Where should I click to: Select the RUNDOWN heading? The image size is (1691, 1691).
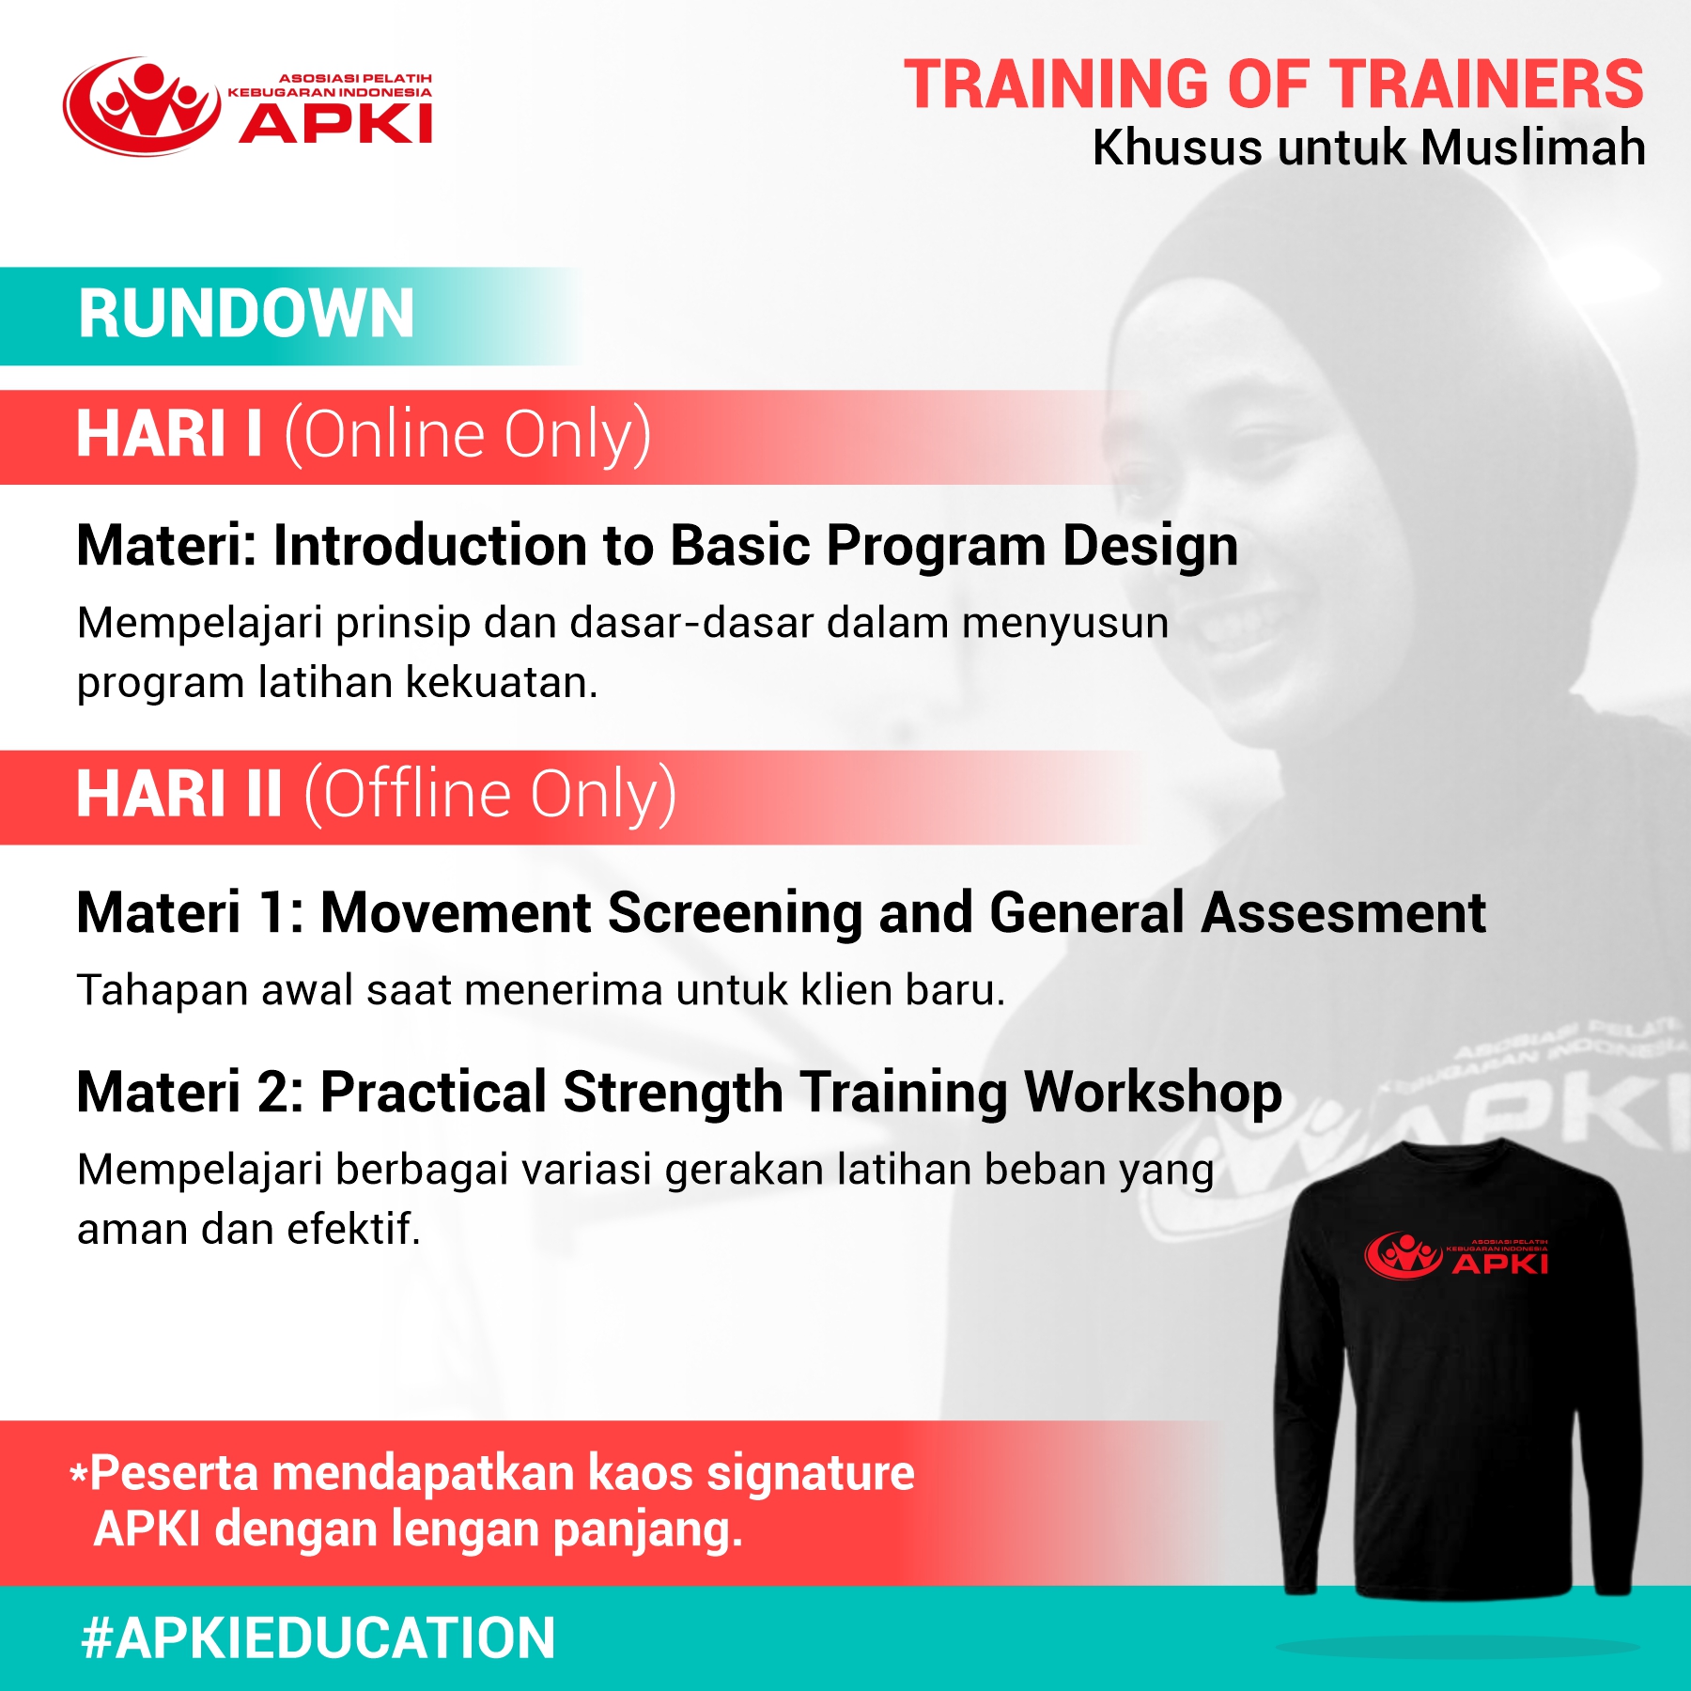246,314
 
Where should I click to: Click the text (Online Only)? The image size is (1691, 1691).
468,435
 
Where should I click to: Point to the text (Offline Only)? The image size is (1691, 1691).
489,795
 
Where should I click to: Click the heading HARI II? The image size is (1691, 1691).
179,794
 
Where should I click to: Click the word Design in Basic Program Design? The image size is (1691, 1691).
1151,548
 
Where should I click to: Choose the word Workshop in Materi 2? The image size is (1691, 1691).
1153,1093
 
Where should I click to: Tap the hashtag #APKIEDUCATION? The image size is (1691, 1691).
318,1638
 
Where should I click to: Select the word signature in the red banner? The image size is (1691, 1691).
811,1474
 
